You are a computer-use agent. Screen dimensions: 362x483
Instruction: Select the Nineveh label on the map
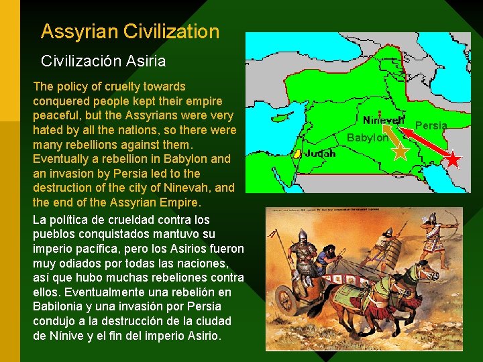(383, 121)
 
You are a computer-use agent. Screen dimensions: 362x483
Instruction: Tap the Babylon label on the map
(367, 138)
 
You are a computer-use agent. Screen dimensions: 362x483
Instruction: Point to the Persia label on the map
(431, 126)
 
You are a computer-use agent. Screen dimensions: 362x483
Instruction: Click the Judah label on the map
(321, 153)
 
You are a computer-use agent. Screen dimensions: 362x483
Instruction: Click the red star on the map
(453, 160)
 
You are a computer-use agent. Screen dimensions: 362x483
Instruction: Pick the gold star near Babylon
(400, 151)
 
